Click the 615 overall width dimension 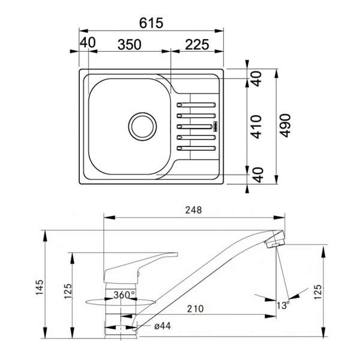coord(151,23)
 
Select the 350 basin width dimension coord(129,44)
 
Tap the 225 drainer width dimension coord(197,44)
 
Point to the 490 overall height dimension coord(286,125)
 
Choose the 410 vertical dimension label coord(256,127)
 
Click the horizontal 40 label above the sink coord(88,43)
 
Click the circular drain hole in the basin coord(143,127)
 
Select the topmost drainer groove coord(196,105)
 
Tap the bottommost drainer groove coord(196,148)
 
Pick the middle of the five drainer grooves coord(194,127)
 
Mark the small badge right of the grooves coord(215,127)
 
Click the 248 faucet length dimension coord(194,210)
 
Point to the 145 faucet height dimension coord(40,287)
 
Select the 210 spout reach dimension coord(196,309)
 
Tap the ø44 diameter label coord(163,326)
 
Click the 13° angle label coord(283,305)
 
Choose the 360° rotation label coord(124,295)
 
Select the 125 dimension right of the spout coord(318,292)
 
